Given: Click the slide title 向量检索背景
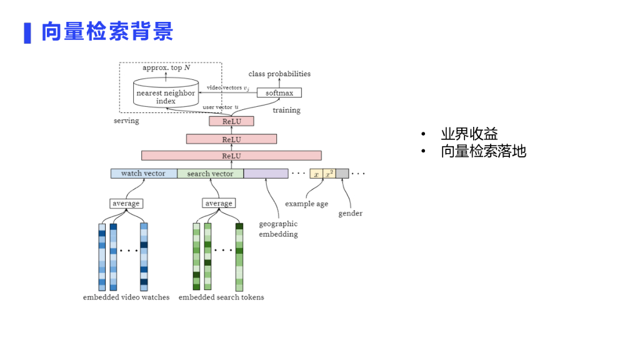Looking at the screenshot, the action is click(107, 31).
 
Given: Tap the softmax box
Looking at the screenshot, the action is click(279, 92).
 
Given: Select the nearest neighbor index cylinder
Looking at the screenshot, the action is click(166, 92).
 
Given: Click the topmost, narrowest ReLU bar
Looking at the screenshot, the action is click(231, 121).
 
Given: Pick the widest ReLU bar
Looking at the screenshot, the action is click(231, 156).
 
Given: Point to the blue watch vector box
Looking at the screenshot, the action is click(144, 174).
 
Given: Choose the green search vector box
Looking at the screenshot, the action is click(210, 174).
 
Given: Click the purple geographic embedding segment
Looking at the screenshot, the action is click(266, 174).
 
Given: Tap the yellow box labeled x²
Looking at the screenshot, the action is click(329, 174).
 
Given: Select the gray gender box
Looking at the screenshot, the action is click(342, 174).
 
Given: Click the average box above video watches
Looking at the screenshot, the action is click(126, 203).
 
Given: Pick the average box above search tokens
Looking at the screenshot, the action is click(219, 203).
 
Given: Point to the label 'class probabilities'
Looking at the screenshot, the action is click(279, 74).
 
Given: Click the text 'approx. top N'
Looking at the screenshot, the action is click(166, 67).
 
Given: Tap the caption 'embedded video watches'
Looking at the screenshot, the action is click(126, 297).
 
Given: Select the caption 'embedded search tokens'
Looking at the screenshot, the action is click(221, 297).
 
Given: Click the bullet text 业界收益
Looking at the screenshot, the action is click(469, 134).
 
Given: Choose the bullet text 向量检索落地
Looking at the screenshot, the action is click(484, 151).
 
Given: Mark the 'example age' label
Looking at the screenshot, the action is click(306, 204).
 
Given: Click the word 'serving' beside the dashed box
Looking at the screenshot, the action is click(126, 121).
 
